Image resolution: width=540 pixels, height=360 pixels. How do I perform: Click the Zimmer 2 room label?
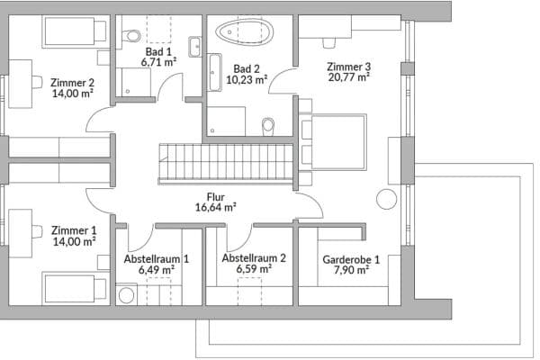click(x=73, y=80)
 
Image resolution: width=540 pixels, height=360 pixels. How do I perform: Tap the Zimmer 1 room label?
click(x=73, y=229)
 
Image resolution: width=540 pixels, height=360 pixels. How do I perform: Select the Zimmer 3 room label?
click(x=348, y=66)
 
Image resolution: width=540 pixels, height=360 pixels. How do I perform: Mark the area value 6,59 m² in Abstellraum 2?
click(x=253, y=268)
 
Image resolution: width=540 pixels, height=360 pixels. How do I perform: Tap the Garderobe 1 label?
click(x=350, y=259)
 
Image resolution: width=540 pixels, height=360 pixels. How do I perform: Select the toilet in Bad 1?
click(x=133, y=35)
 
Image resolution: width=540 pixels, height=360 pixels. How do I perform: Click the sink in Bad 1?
click(x=194, y=46)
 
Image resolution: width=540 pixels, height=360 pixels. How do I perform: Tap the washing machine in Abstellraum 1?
click(x=125, y=294)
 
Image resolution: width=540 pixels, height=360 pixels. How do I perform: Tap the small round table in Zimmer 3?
click(x=388, y=201)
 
